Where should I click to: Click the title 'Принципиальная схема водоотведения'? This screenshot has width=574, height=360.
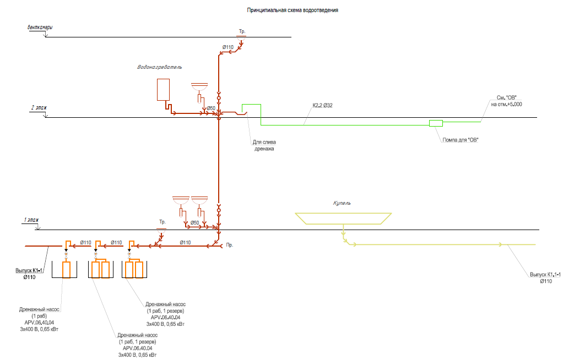[293, 10]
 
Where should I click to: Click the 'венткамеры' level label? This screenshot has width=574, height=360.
[40, 28]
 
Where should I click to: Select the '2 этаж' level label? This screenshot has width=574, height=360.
[39, 107]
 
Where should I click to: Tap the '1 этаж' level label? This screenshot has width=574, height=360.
[31, 220]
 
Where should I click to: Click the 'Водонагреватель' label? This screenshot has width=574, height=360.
[160, 67]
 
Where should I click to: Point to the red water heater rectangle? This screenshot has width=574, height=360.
[163, 90]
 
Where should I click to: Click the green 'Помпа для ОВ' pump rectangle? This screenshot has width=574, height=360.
[436, 123]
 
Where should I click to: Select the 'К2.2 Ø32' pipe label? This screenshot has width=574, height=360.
[322, 105]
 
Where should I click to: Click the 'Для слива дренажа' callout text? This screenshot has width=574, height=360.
[264, 145]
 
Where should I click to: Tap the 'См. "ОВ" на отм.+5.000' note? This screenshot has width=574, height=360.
[507, 101]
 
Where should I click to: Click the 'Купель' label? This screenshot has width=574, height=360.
[342, 203]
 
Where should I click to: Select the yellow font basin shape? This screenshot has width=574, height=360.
[343, 219]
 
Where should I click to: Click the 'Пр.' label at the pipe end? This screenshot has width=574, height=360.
[230, 245]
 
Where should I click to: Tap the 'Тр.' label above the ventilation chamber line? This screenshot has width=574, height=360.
[242, 31]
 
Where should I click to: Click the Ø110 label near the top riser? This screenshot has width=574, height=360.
[228, 47]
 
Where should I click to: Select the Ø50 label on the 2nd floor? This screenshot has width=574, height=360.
[211, 108]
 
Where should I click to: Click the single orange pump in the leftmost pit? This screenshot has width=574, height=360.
[66, 270]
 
